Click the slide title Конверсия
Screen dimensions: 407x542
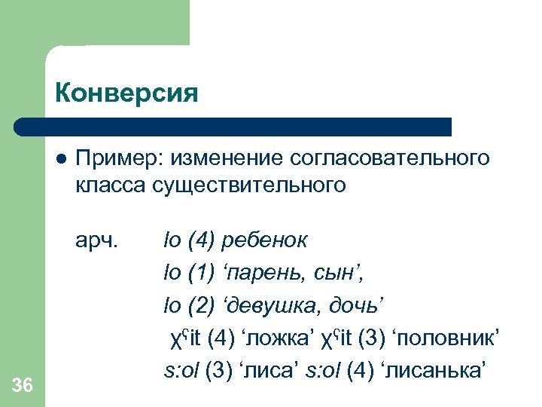click(126, 93)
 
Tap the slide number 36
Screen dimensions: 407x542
click(23, 386)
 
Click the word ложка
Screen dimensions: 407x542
click(280, 337)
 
